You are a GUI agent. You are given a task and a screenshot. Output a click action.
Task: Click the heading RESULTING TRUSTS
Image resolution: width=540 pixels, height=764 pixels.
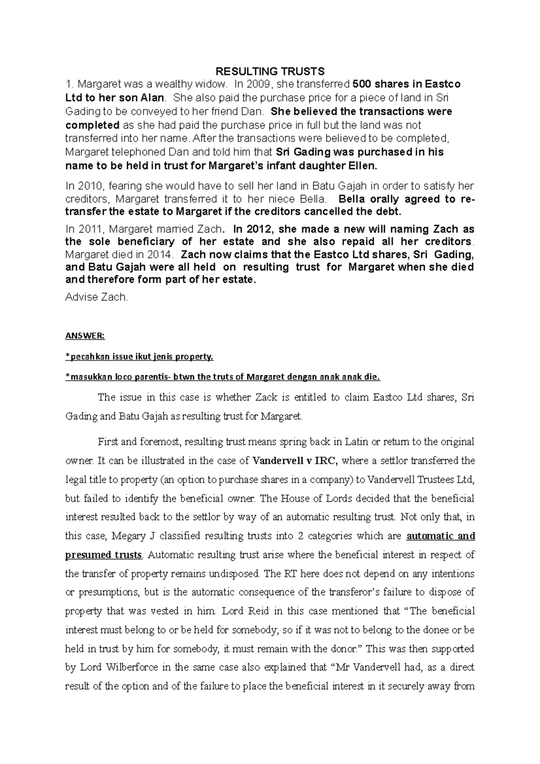(270, 71)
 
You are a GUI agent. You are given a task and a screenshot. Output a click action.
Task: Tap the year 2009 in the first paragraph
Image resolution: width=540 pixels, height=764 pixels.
(260, 84)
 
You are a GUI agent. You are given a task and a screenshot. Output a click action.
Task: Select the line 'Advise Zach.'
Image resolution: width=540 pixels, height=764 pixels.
(97, 297)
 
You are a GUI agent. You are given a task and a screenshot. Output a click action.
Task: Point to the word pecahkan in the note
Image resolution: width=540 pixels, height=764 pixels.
(86, 357)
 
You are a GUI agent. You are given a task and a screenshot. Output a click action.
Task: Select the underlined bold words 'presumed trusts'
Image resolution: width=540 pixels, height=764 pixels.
(103, 555)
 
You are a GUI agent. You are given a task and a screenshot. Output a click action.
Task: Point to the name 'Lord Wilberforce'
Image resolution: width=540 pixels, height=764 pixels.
(113, 667)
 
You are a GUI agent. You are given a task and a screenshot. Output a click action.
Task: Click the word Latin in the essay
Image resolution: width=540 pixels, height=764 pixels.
(355, 442)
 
